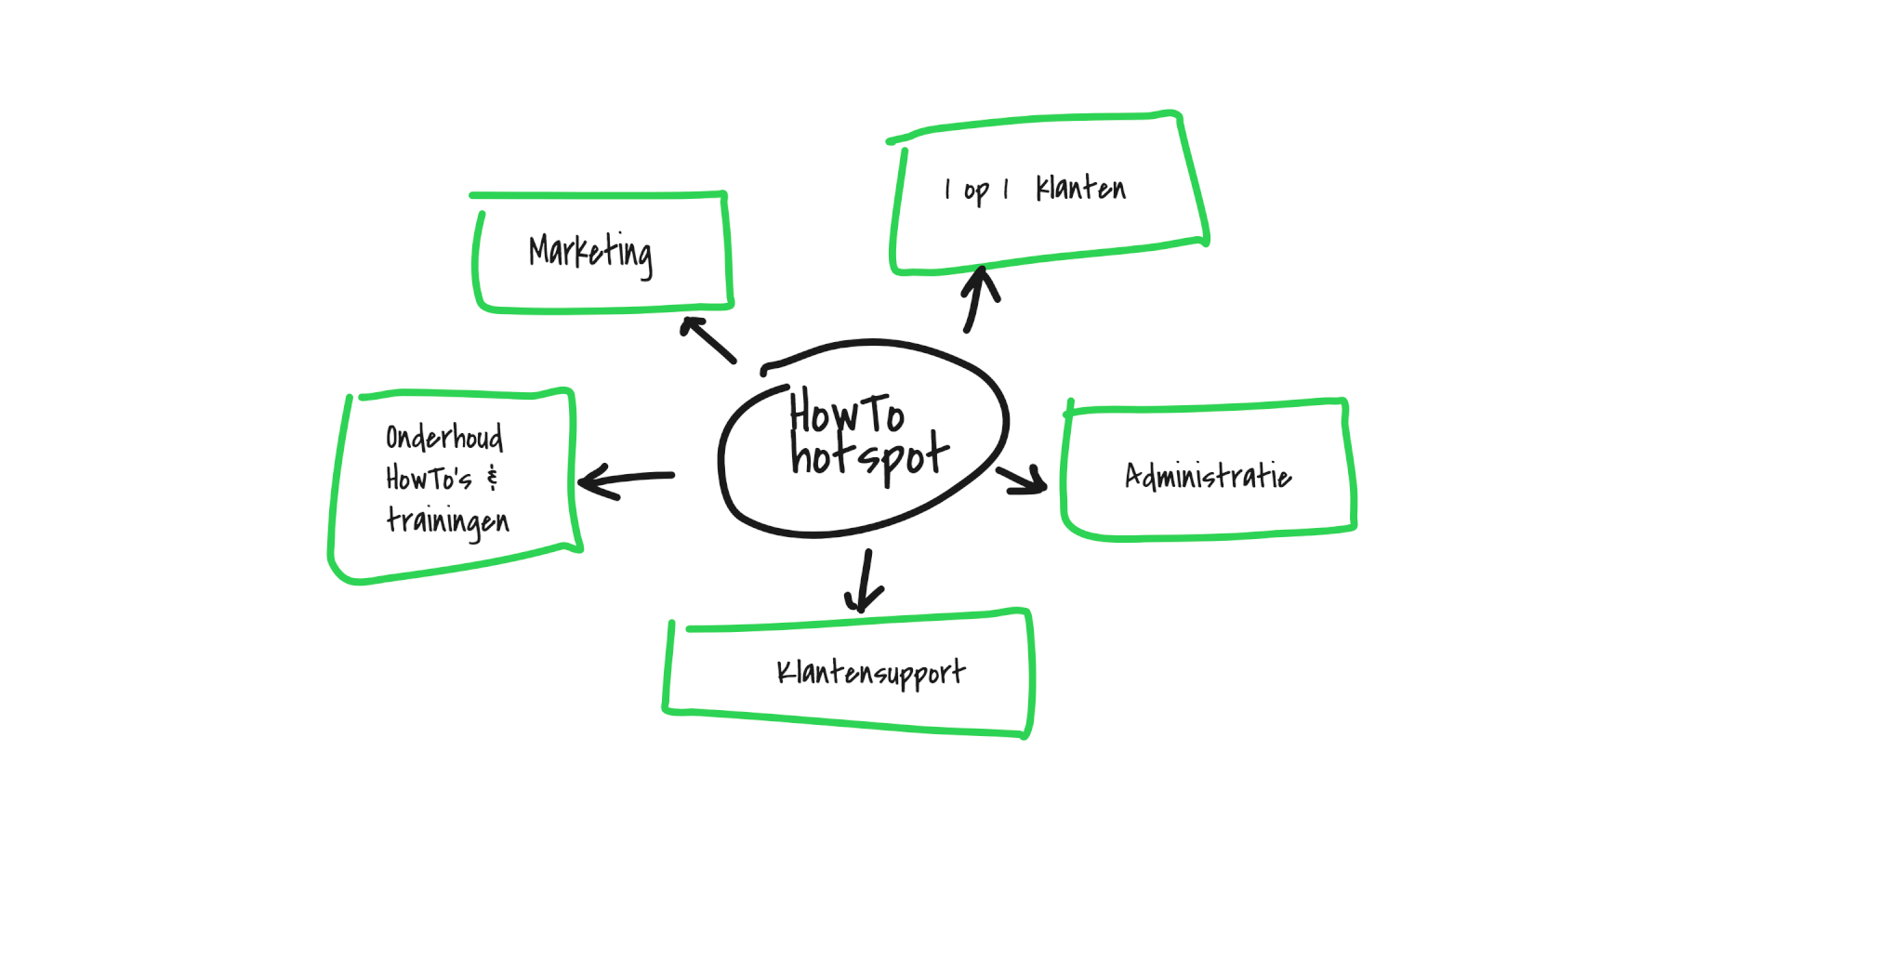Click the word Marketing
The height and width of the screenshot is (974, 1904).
coord(590,252)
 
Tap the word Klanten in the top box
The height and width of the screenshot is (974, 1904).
coord(1080,189)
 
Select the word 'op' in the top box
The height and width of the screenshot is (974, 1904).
coord(975,191)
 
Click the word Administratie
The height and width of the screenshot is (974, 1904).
coord(1208,476)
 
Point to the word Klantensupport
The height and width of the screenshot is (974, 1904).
coord(870,672)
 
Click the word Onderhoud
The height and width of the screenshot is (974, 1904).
coord(444,437)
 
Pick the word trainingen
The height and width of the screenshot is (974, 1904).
coord(447,520)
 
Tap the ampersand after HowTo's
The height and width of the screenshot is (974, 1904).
coord(493,479)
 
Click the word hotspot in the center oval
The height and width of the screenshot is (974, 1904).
coord(869,455)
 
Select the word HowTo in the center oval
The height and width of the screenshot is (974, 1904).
coord(846,414)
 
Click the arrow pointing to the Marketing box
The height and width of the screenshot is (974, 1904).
coord(708,339)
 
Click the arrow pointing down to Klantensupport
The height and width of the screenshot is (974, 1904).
coord(866,582)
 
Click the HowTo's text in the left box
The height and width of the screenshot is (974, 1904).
coord(429,479)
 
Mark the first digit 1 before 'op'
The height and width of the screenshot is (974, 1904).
coord(947,190)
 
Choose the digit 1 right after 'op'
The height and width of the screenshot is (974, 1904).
coord(1006,190)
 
